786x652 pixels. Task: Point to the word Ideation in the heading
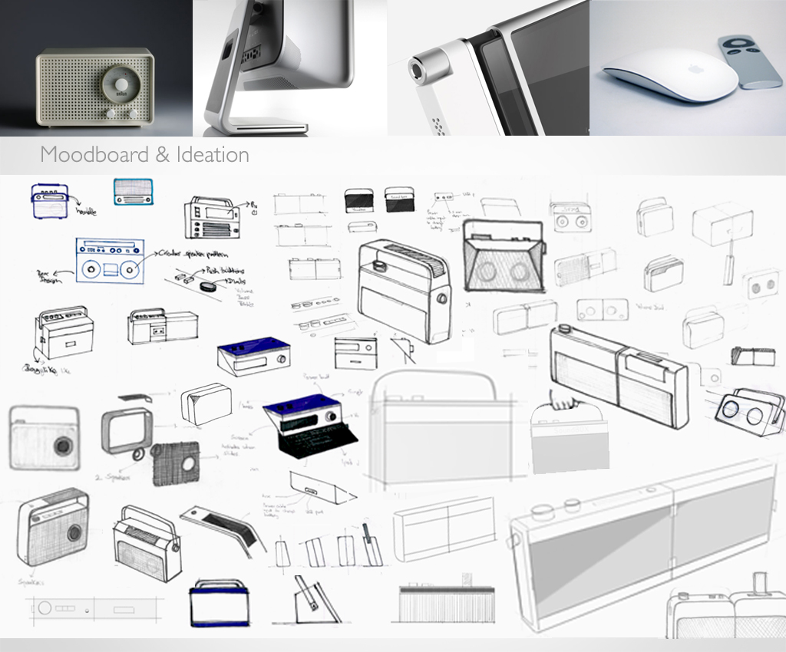[211, 154]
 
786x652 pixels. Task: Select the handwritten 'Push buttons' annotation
[219, 271]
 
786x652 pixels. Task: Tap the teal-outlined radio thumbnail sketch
[133, 191]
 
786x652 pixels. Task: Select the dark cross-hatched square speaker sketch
[177, 463]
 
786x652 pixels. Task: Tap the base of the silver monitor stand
[253, 129]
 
